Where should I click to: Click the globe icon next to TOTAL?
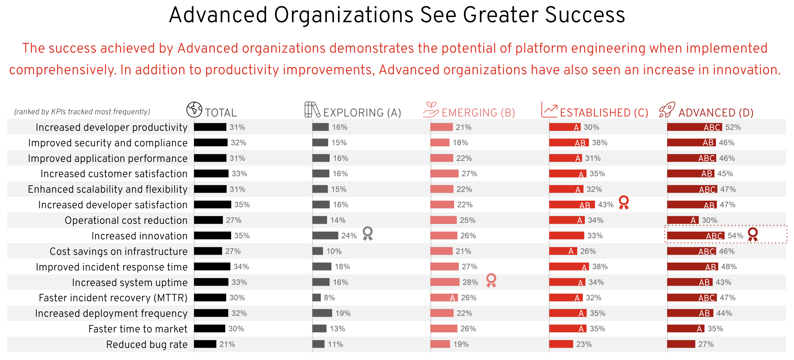[x=194, y=110]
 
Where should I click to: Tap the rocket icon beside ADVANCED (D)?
[x=667, y=110]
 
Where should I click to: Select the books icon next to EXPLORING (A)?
[x=312, y=110]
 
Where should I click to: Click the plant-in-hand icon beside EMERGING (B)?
[x=431, y=110]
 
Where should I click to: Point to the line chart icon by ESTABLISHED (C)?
[x=549, y=110]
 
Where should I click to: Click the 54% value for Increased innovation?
[x=735, y=236]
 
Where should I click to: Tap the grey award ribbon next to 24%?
[x=367, y=234]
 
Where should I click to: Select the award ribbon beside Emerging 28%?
[x=491, y=280]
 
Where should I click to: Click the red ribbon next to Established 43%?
[x=624, y=203]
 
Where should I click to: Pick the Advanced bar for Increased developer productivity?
[x=694, y=127]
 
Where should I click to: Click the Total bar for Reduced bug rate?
[x=205, y=344]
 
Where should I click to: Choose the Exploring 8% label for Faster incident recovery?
[x=329, y=298]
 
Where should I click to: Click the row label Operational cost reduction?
[x=126, y=220]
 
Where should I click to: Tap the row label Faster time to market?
[x=138, y=329]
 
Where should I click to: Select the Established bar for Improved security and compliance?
[x=569, y=143]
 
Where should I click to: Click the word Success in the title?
[x=585, y=15]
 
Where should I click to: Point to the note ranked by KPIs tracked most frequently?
[x=82, y=112]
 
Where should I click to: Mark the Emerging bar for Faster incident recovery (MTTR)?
[x=444, y=298]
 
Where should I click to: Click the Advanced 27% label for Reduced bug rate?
[x=706, y=344]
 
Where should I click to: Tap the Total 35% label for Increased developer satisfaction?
[x=242, y=205]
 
